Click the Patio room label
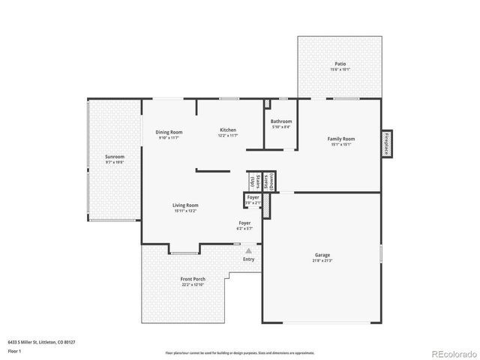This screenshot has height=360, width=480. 340,64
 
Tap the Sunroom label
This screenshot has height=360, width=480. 115,157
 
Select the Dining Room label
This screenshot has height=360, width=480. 169,132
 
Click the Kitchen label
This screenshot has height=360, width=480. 228,130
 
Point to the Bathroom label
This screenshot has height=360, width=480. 281,121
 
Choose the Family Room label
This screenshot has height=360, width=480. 341,139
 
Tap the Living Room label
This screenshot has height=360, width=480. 185,205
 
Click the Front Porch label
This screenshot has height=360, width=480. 193,280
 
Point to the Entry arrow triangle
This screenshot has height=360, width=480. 248,251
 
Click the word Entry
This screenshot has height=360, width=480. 248,259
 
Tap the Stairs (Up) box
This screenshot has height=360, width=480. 254,182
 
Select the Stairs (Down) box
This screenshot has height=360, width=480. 268,181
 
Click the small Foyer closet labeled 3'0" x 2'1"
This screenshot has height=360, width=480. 252,200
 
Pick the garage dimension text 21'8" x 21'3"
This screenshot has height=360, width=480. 322,261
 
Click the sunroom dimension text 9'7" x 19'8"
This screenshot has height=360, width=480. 115,162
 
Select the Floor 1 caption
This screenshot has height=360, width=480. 14,351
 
